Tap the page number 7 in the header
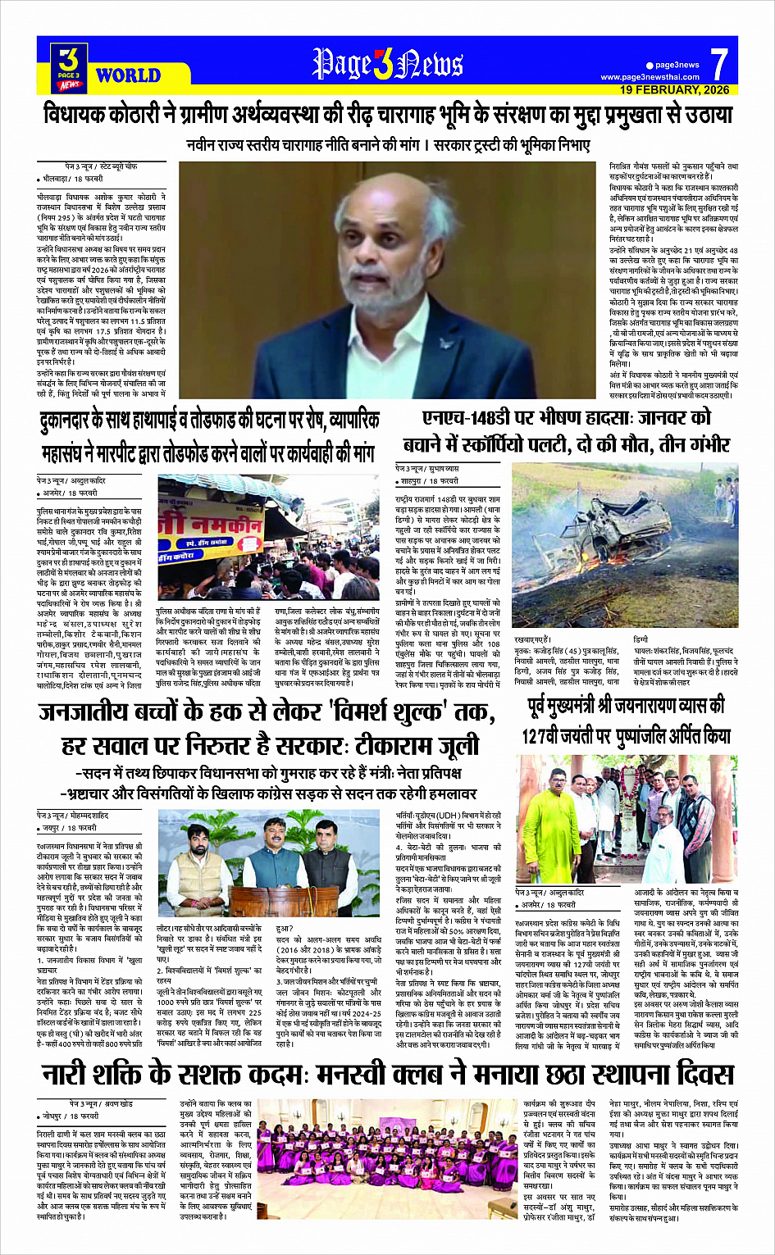click(x=718, y=63)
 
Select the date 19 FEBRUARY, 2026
click(x=674, y=89)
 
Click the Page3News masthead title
click(x=387, y=64)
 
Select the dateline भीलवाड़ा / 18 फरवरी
click(x=71, y=178)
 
